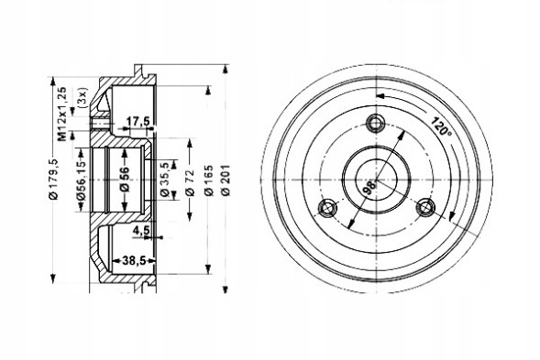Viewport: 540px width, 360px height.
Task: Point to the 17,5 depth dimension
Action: (138, 121)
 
